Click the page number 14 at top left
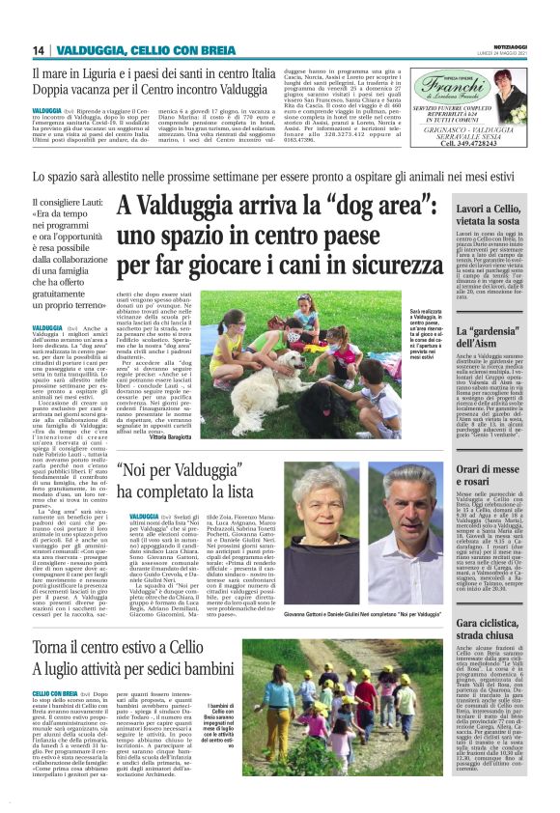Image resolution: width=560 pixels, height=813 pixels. [39, 50]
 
